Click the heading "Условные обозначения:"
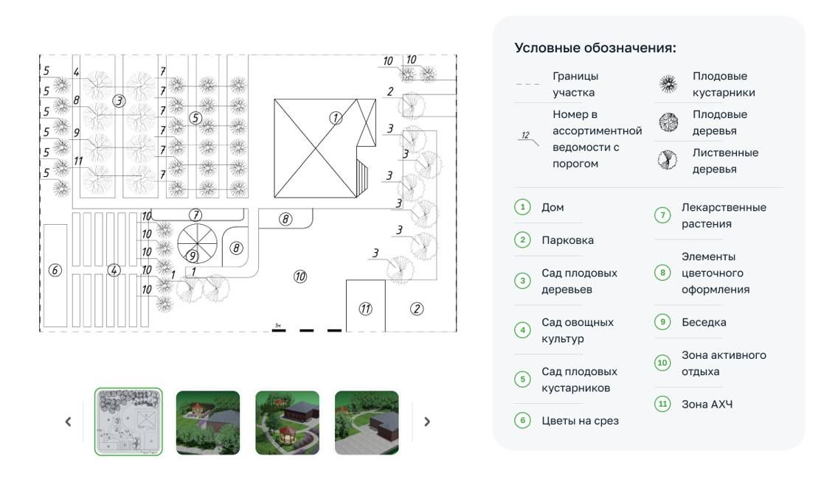pos(595,49)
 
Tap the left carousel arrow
pos(69,422)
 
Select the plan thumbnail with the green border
pos(128,422)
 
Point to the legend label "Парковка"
pos(567,240)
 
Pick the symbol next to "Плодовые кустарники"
pos(668,85)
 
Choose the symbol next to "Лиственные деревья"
pos(668,161)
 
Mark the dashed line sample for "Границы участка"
pos(527,85)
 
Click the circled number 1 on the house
pos(336,117)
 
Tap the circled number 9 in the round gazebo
pos(193,256)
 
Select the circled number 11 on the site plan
pos(366,309)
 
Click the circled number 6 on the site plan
pos(55,270)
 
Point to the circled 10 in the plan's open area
pos(300,276)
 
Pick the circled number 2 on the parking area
pos(417,309)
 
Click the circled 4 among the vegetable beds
pos(114,270)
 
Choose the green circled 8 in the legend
pos(662,273)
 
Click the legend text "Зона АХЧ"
pos(707,404)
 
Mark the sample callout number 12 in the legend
pos(526,136)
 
